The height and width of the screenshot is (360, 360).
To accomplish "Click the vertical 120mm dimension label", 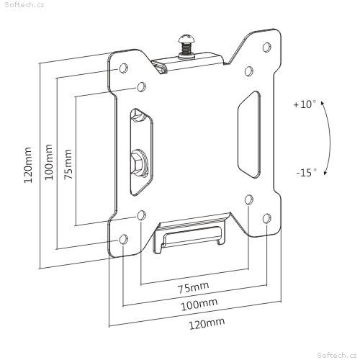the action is pos(28,165).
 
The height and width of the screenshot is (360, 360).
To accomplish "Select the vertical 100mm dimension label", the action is pos(48,162).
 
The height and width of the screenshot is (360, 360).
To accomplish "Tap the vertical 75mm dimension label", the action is pos(68,164).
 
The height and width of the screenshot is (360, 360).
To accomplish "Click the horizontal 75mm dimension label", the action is pos(193,287).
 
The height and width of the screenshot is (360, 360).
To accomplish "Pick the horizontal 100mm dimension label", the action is pos(199,305).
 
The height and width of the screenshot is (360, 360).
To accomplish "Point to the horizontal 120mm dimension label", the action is pos(207,323).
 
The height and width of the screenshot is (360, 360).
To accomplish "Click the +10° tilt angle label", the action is pos(305,104).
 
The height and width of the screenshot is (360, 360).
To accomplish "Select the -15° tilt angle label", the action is pos(306,172).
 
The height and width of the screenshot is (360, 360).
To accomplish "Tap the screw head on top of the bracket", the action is pos(186,39).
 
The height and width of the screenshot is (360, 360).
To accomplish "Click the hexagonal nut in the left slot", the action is pos(139,163).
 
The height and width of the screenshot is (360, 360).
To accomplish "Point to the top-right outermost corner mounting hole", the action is pos(267,47).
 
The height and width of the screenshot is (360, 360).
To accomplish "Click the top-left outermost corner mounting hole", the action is pos(123,68).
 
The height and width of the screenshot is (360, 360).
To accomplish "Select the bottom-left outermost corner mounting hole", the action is pos(123,239).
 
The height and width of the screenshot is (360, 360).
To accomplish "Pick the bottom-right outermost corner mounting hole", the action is pos(267,218).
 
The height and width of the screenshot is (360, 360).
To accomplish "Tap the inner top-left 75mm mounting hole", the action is pos(142,86).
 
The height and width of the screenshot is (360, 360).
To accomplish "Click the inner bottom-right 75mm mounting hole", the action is pos(249,199).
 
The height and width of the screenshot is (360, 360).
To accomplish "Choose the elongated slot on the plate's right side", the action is pos(249,135).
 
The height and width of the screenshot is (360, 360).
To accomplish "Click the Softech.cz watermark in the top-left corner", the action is pos(24,4).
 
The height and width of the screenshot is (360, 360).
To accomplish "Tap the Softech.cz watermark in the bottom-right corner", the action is pos(337,355).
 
